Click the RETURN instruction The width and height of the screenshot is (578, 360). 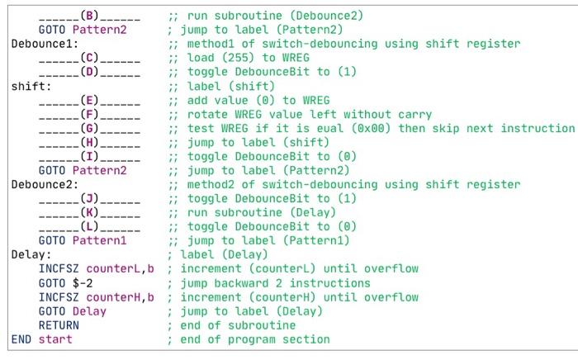point(59,324)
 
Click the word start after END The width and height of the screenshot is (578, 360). point(58,339)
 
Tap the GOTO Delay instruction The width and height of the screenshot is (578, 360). point(72,310)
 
